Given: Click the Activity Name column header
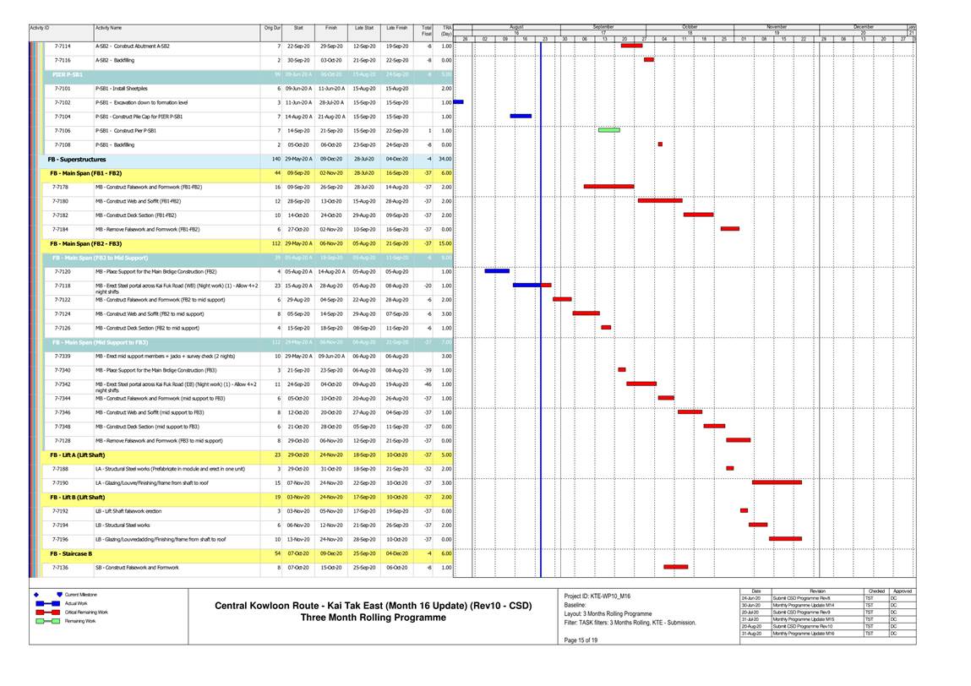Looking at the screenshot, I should tap(108, 29).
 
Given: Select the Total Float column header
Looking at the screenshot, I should tap(427, 31).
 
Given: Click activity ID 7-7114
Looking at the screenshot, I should tap(63, 46).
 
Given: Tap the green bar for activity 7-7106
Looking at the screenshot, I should tap(608, 130).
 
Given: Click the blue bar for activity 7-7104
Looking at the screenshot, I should tap(521, 116).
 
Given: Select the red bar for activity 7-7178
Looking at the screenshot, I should tap(608, 186).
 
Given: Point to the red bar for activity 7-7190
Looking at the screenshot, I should tap(777, 482).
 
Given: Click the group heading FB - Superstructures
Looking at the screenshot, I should tap(77, 159).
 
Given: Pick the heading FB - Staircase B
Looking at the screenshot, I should tap(71, 553).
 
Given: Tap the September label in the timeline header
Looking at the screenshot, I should tap(603, 27).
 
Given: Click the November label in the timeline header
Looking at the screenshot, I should tap(776, 27).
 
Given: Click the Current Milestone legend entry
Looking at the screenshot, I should tap(88, 595).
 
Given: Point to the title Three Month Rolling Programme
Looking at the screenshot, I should tap(374, 618).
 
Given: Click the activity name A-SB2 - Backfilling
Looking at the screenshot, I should tap(115, 61).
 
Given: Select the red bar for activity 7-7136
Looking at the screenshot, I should tap(675, 567).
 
